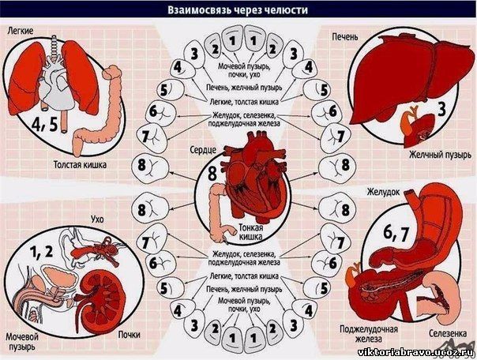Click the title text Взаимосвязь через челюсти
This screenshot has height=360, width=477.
point(238,10)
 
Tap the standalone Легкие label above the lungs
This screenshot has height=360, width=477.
point(21,31)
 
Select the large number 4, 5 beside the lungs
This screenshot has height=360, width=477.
point(45,123)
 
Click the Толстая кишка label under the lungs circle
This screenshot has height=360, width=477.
point(81,165)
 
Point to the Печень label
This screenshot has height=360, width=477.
point(345,37)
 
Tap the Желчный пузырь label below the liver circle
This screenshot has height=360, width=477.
point(440,155)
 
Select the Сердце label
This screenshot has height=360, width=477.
point(203,150)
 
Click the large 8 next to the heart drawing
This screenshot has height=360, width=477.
point(212,174)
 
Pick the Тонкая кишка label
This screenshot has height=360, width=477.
point(250,232)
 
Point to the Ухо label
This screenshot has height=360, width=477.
point(97,219)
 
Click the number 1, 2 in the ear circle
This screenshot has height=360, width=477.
point(42,252)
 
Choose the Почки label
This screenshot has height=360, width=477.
point(130,335)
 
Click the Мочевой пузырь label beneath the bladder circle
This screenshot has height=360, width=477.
point(22,342)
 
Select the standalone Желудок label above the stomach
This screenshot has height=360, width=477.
point(383,192)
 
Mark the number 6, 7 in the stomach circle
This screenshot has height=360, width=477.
point(396,234)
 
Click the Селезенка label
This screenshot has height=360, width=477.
point(448,333)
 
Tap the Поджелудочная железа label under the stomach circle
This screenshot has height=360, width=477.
point(369,334)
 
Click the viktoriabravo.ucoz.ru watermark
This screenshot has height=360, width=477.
point(415,352)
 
